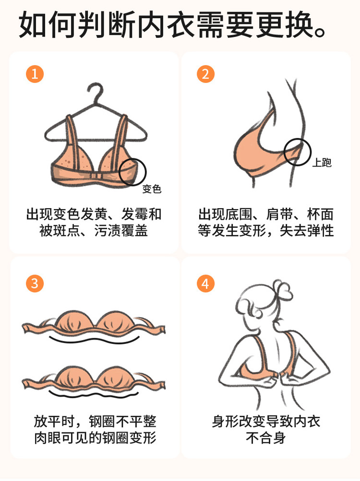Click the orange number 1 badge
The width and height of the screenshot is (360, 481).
35,74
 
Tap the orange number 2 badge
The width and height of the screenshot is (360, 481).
205,74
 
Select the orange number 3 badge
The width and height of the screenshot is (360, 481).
35,283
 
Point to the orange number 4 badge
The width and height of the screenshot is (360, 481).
205,283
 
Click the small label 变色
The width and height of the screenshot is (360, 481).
152,188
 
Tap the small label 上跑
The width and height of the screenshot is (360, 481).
322,162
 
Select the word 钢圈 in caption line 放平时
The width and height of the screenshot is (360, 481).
102,422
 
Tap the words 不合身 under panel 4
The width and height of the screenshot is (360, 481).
266,438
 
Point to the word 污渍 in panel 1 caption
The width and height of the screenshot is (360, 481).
108,230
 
